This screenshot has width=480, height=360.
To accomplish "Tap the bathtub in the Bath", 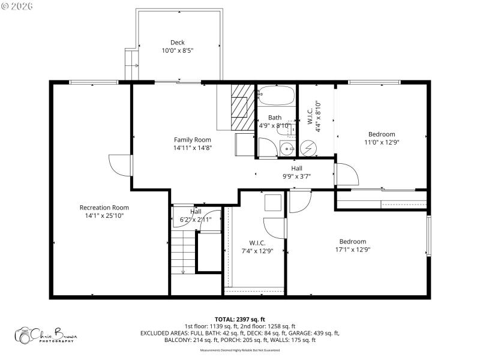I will [276, 96].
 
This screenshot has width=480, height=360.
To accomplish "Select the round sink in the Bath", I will [287, 149].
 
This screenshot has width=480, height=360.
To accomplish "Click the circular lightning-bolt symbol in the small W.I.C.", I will [309, 148].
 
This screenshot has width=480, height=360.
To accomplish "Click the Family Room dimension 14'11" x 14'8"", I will [193, 148].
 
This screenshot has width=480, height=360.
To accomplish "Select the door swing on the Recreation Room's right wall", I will [120, 165].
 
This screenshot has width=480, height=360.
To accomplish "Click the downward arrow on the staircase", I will [183, 270].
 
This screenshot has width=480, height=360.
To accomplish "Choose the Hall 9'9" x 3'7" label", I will [296, 173].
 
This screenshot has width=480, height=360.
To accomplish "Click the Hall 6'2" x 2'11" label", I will [196, 216].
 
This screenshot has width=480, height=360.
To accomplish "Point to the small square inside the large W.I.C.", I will [274, 202].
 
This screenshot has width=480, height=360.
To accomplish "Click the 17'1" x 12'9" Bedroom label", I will [353, 245].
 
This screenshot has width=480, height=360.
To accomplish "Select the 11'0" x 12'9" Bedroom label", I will [381, 138].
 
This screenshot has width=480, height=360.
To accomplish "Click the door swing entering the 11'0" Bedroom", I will [347, 174].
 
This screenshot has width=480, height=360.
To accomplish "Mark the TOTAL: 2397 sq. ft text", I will [240, 319].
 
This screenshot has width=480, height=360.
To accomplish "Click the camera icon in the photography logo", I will [25, 336].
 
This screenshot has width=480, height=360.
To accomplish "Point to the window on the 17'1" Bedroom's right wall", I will [428, 236].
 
